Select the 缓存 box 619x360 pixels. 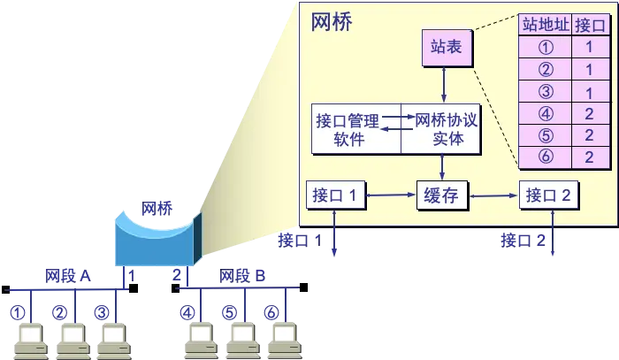pyautogui.click(x=441, y=195)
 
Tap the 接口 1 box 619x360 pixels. pyautogui.click(x=335, y=195)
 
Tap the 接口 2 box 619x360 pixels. pyautogui.click(x=548, y=195)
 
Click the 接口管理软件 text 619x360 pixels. pyautogui.click(x=347, y=129)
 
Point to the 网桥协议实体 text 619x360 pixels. pyautogui.click(x=446, y=129)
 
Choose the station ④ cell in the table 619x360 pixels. pyautogui.click(x=545, y=113)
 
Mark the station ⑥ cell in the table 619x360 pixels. pyautogui.click(x=545, y=157)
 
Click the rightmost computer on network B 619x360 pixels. pyautogui.click(x=282, y=341)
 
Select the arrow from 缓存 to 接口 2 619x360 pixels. pyautogui.click(x=493, y=195)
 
